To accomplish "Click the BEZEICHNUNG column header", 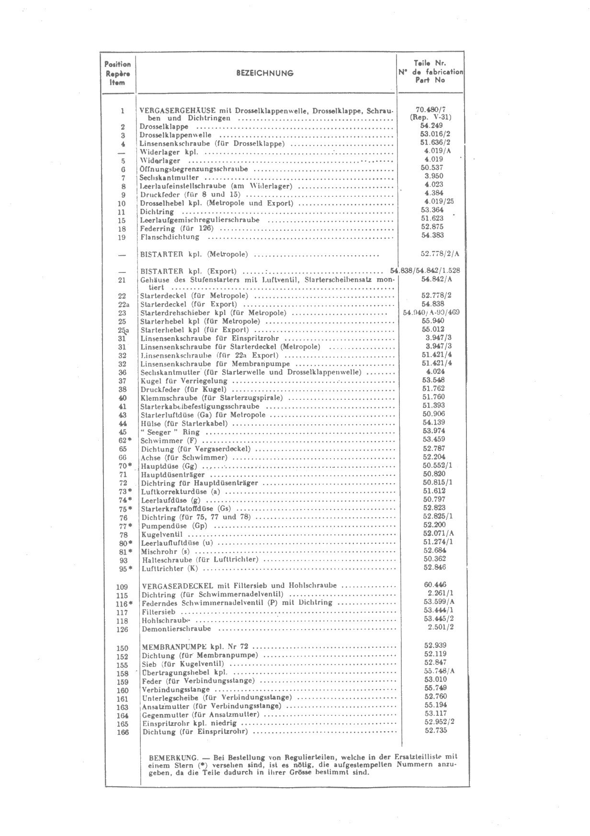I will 265,73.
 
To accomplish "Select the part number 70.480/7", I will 431,109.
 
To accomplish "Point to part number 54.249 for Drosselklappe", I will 431,125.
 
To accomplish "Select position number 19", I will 122,237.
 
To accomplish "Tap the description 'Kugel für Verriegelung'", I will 184,381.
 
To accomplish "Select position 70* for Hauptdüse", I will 125,466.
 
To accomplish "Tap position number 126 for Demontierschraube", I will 123,629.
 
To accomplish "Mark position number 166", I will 123,732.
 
